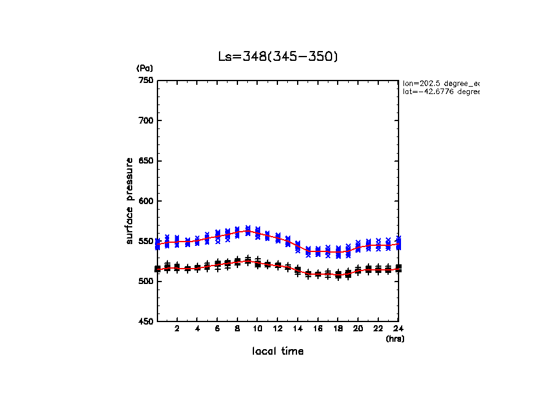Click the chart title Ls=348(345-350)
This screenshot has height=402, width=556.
pos(278,57)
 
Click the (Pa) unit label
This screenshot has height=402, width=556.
pos(145,68)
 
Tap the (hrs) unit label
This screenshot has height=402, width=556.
pos(395,339)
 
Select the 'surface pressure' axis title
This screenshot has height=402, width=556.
pos(130,200)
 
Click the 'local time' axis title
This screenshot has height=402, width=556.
pos(278,352)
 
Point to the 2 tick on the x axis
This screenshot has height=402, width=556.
pos(177,329)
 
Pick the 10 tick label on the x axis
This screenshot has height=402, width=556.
pos(258,329)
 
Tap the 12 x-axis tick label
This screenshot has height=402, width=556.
pos(278,329)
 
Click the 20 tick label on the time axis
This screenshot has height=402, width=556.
pos(358,329)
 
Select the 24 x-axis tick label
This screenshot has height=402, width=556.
pos(398,329)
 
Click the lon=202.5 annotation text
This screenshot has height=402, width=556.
pos(440,83)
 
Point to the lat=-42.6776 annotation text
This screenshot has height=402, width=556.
pos(440,92)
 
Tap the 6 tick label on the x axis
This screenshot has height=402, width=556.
pos(217,329)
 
